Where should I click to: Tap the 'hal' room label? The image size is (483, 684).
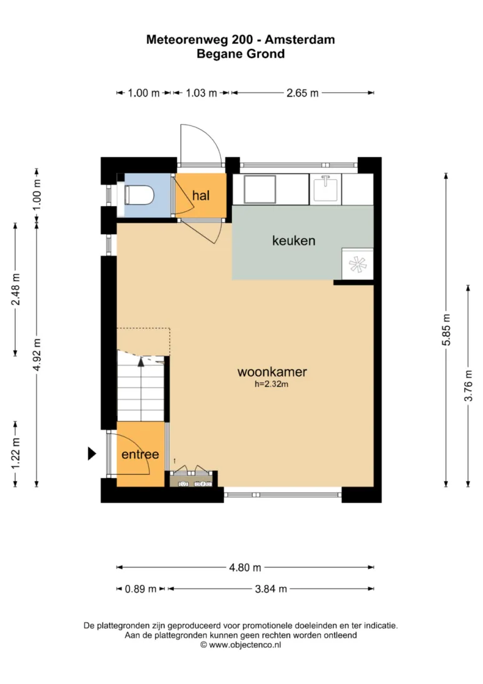tap(201, 195)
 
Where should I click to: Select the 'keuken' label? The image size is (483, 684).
tap(293, 241)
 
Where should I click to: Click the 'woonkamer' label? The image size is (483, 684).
tap(272, 371)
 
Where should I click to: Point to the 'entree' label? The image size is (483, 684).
tap(140, 454)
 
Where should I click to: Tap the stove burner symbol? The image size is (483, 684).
tap(358, 264)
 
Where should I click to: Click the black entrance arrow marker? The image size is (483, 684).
tap(92, 453)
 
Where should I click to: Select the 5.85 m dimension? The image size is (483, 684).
tap(446, 329)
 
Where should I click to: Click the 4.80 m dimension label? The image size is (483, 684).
tap(245, 567)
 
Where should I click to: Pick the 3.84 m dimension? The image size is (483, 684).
tap(271, 589)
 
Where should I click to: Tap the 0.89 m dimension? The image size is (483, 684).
tap(141, 589)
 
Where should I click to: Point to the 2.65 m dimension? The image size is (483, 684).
tap(302, 93)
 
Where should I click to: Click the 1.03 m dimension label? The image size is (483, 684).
tap(201, 93)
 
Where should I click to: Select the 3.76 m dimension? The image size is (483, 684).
tap(468, 386)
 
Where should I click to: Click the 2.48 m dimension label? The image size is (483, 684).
tap(16, 289)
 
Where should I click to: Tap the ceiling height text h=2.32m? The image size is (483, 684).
tap(272, 385)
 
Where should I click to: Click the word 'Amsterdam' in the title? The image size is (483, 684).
tap(300, 39)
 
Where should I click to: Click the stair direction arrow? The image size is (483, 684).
tap(141, 361)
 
